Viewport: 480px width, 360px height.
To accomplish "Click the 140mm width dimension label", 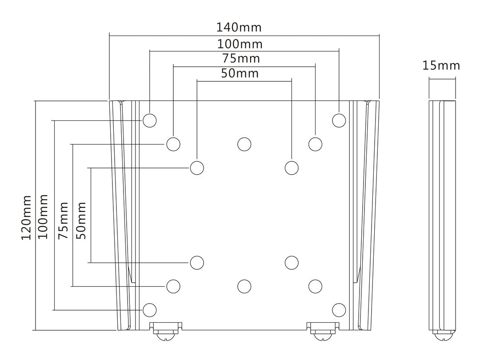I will [239, 28].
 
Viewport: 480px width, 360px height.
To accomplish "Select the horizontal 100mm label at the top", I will [240, 44].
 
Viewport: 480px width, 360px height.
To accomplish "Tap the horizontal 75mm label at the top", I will [240, 59].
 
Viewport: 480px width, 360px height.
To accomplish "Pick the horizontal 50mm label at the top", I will [240, 73].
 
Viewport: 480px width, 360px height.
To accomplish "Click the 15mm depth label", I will [441, 66].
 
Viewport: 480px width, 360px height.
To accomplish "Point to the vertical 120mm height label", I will [27, 217].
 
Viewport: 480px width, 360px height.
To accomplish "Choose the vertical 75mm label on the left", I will [64, 220].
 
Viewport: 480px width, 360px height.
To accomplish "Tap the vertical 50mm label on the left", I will [81, 220].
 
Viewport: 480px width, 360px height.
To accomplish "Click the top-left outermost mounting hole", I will [150, 120].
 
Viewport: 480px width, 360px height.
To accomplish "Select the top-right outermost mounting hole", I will [339, 120].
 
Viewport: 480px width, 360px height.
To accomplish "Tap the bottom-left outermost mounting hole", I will [150, 309].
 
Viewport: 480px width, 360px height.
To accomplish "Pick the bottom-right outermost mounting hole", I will [339, 309].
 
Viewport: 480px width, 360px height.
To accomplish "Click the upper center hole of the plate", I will [244, 144].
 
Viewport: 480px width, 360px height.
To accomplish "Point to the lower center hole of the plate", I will [244, 286].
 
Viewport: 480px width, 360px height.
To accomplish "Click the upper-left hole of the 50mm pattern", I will [197, 168].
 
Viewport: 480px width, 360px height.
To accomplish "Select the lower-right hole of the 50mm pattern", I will [292, 263].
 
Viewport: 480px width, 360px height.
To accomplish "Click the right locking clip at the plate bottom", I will [321, 331].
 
